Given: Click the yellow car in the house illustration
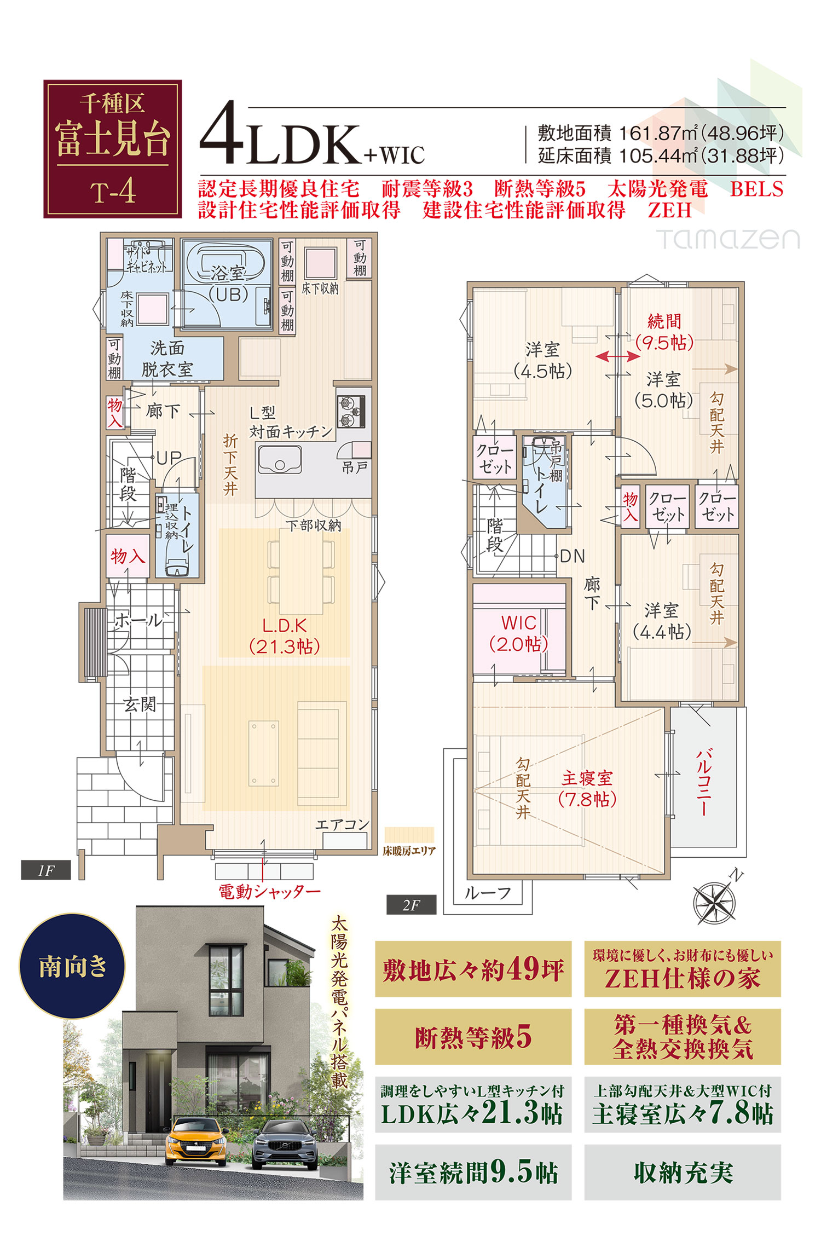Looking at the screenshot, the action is pyautogui.click(x=196, y=1141).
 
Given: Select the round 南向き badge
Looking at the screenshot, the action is pyautogui.click(x=72, y=966).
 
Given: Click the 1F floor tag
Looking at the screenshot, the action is pyautogui.click(x=46, y=870).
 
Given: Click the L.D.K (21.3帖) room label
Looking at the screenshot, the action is pyautogui.click(x=284, y=636).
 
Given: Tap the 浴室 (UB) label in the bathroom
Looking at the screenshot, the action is pyautogui.click(x=228, y=284).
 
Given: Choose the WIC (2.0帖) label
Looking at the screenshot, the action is pyautogui.click(x=518, y=633).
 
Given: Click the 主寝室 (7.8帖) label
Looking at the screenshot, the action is pyautogui.click(x=587, y=788).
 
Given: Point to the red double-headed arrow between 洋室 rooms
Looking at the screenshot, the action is pyautogui.click(x=617, y=356).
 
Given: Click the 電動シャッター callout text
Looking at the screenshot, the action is pyautogui.click(x=270, y=892).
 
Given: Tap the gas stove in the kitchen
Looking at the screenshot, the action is pyautogui.click(x=351, y=411).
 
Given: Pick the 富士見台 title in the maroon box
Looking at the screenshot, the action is pyautogui.click(x=113, y=139).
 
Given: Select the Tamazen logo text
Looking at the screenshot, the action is pyautogui.click(x=728, y=239).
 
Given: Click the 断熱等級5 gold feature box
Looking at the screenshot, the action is pyautogui.click(x=473, y=1037).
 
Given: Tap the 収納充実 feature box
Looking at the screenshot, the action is pyautogui.click(x=683, y=1173).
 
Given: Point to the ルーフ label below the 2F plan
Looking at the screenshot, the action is pyautogui.click(x=488, y=893).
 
